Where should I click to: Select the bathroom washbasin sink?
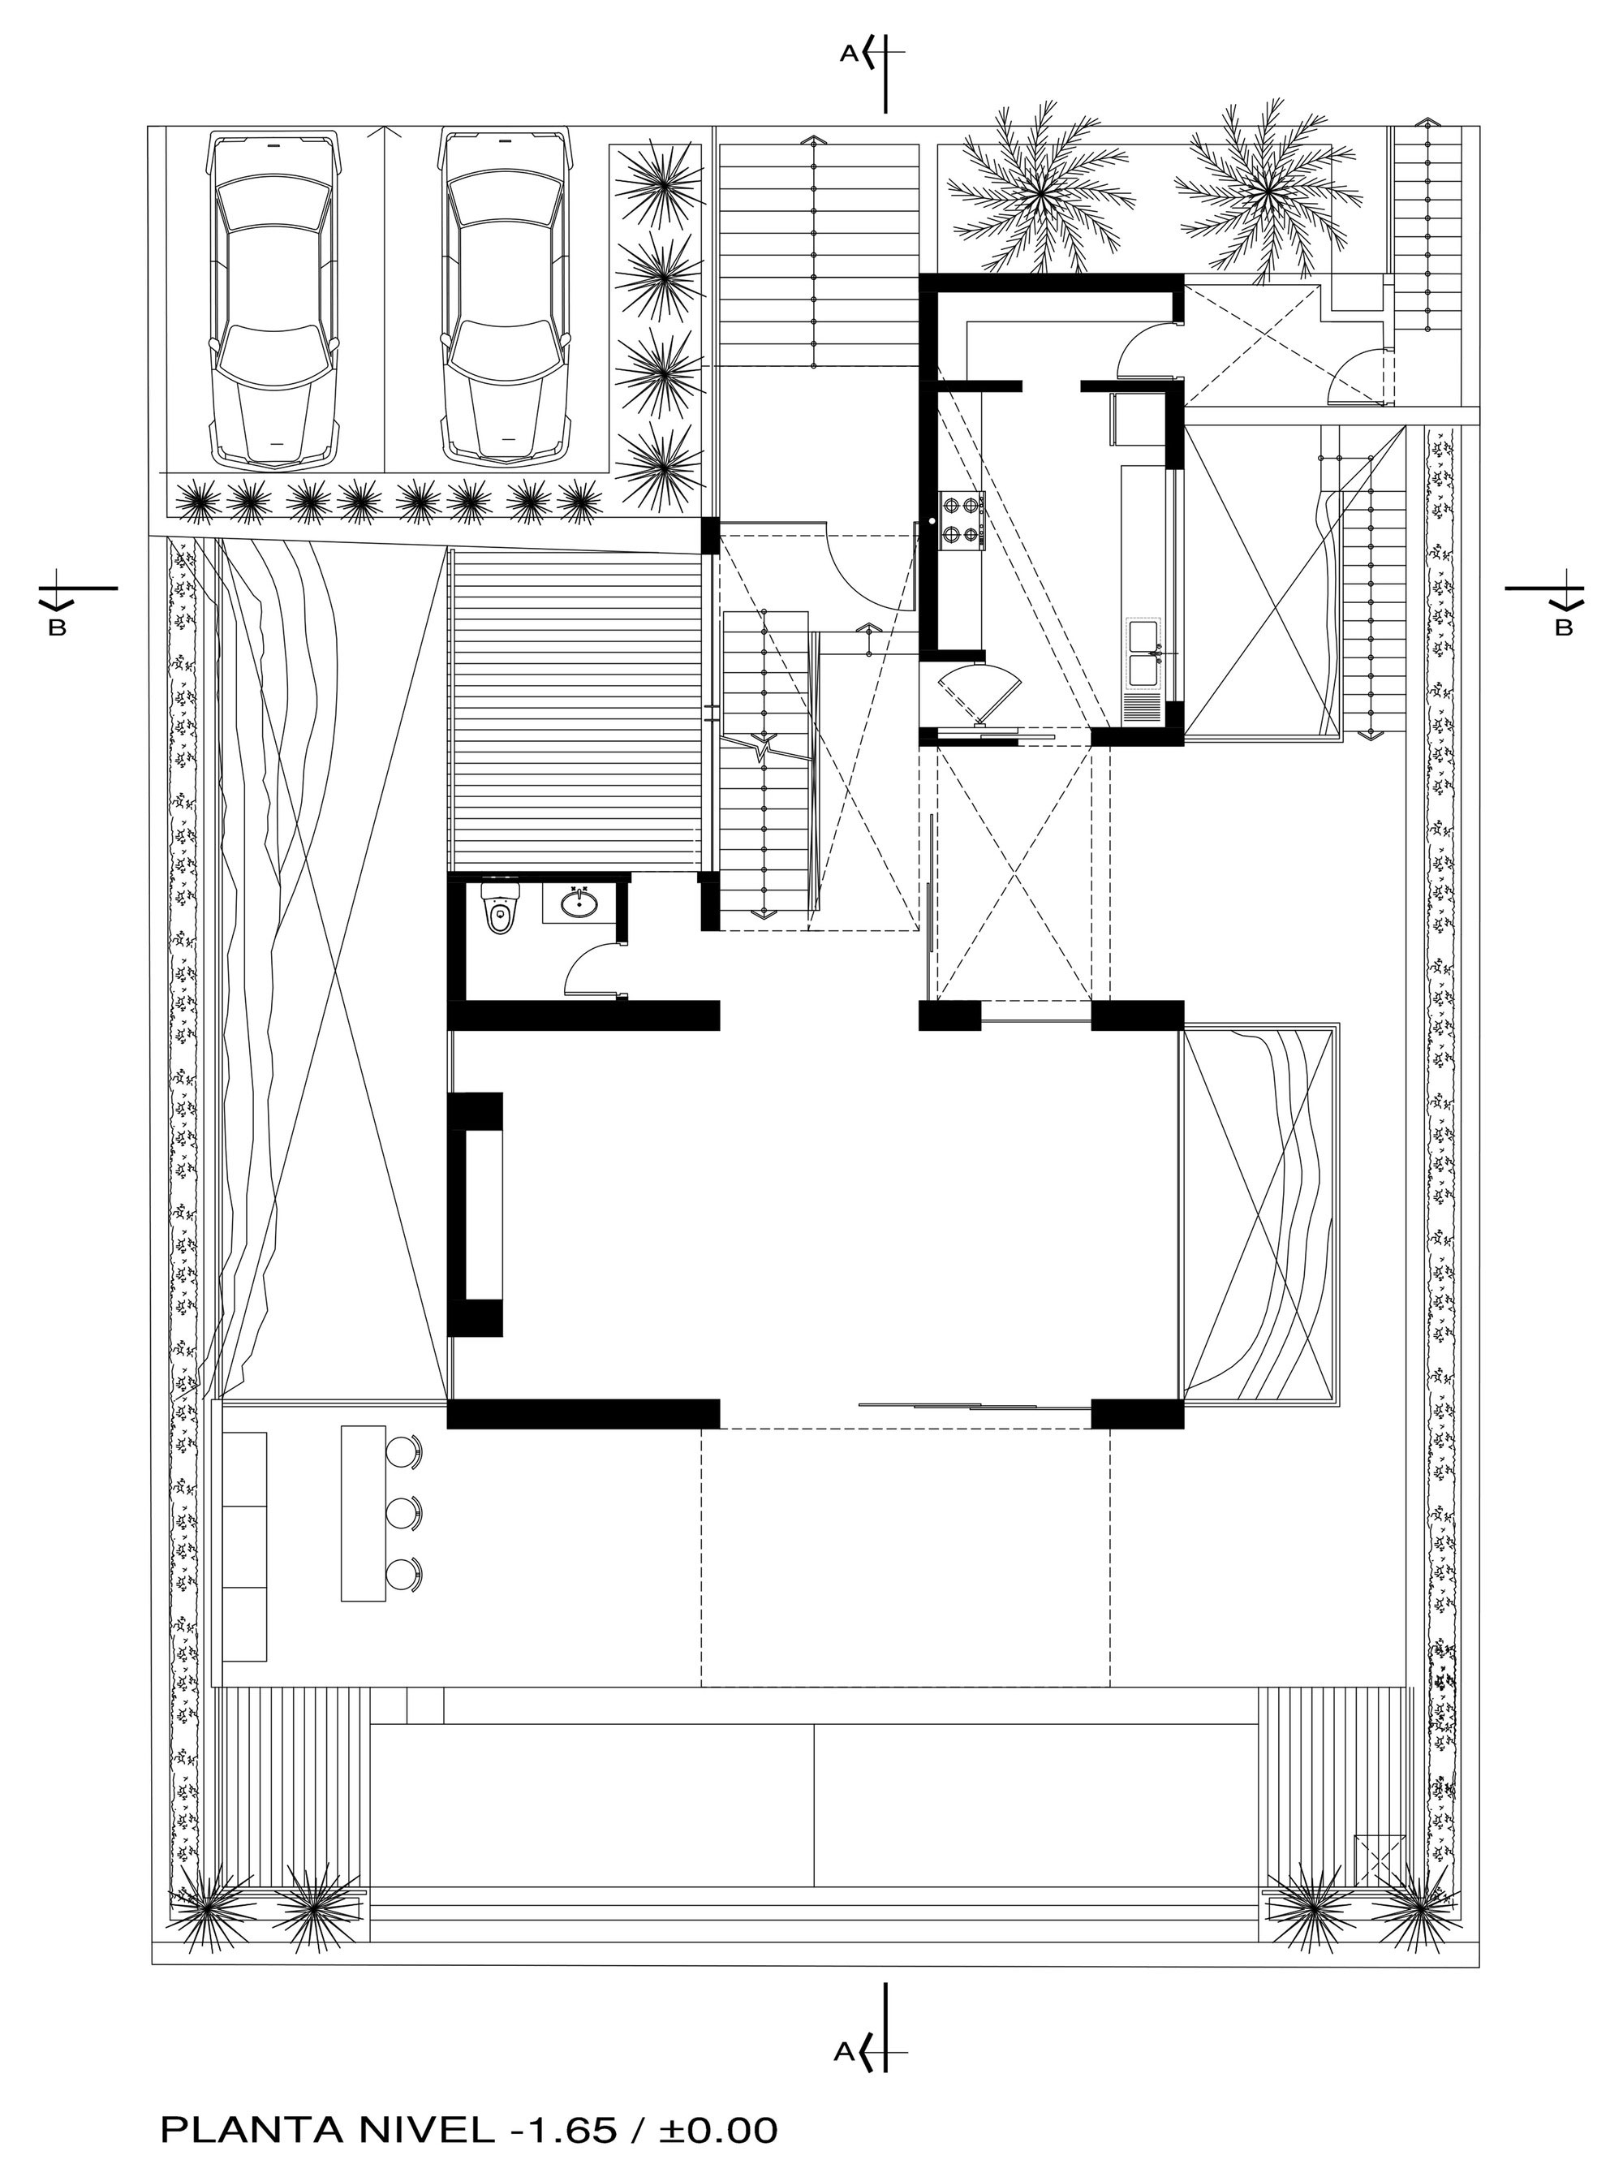(579, 902)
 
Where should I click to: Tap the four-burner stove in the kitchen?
(961, 522)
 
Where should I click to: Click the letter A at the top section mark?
(848, 56)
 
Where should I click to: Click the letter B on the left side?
(57, 629)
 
